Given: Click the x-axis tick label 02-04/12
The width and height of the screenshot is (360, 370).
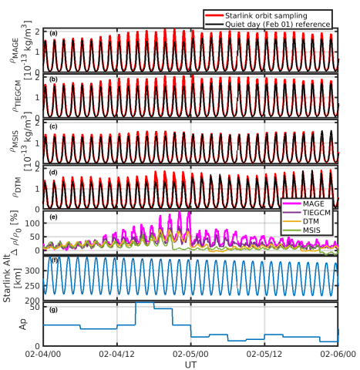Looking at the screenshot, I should click(116, 355).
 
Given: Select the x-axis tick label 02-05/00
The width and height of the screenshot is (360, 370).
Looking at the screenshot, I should click(190, 355).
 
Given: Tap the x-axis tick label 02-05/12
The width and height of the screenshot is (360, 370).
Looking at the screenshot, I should click(264, 355).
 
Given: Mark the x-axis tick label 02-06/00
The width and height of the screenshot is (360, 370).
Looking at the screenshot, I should click(337, 355).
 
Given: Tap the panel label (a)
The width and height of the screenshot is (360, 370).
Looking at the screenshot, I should click(52, 33).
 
